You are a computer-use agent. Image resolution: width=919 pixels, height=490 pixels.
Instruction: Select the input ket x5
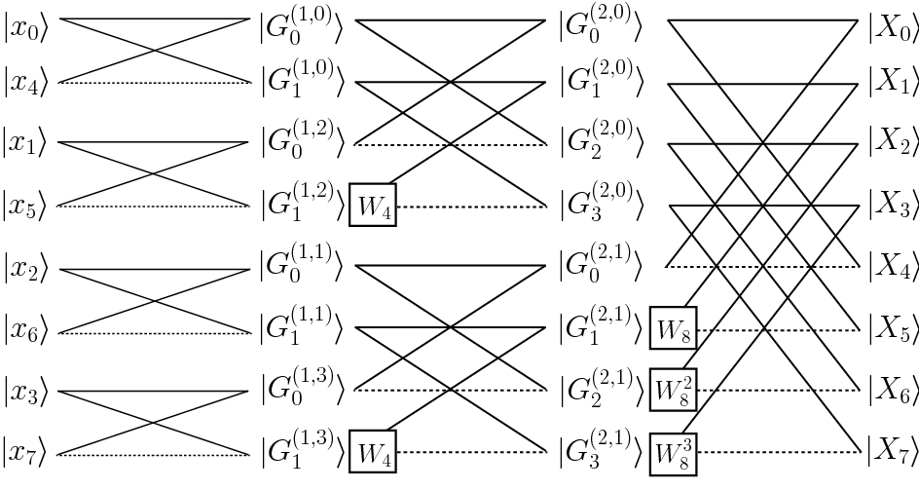click(x=26, y=207)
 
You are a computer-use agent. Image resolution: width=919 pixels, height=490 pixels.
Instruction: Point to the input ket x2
click(x=26, y=269)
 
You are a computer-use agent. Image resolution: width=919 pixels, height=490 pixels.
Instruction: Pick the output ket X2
click(x=892, y=145)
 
